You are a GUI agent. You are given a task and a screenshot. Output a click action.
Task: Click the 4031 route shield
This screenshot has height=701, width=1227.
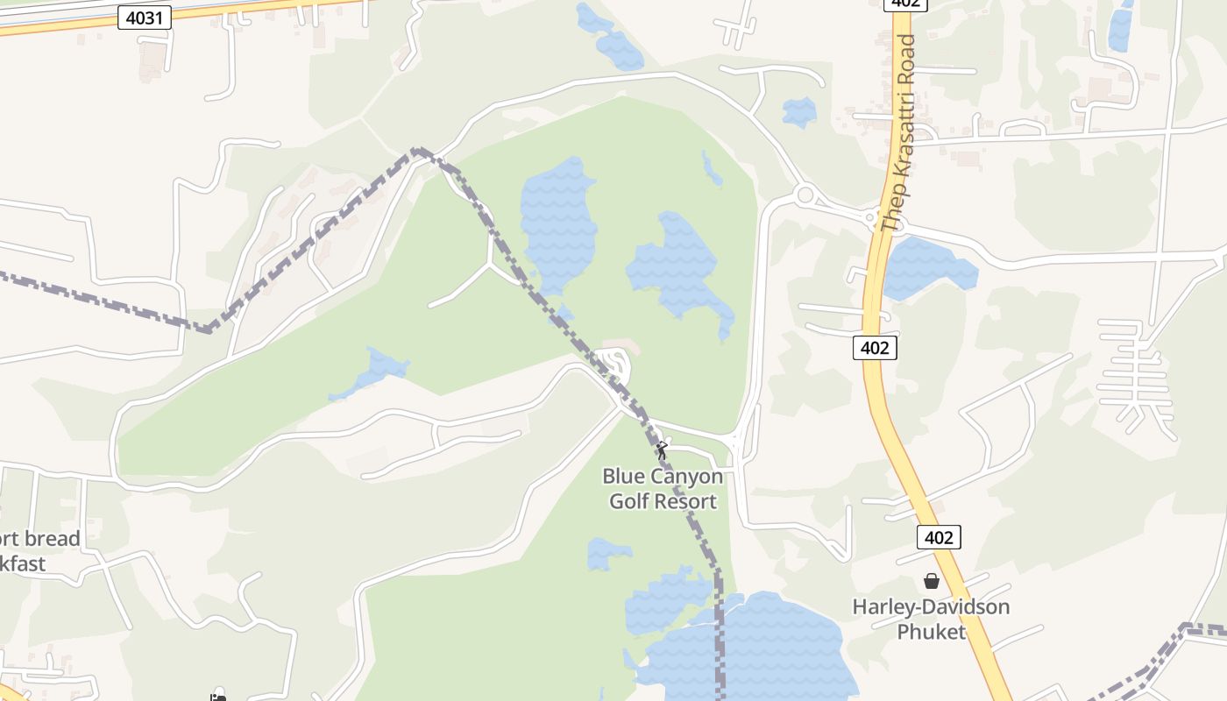[145, 17]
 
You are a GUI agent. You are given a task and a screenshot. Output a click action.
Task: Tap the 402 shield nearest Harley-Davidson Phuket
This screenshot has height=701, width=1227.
[939, 537]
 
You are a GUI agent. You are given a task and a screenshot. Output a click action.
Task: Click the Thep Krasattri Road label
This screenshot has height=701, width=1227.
[899, 132]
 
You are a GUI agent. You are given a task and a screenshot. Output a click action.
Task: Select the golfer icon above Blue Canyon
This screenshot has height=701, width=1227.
[662, 450]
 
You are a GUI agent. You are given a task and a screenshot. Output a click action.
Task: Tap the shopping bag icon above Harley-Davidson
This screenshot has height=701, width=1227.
[931, 581]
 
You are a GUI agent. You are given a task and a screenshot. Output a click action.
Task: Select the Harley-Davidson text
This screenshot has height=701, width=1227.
[931, 606]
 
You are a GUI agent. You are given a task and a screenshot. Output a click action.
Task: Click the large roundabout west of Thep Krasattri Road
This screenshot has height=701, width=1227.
[805, 194]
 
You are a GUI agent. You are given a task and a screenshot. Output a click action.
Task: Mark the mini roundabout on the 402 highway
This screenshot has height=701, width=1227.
[870, 217]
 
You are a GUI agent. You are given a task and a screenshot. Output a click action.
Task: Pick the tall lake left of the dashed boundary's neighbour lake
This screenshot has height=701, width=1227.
[557, 223]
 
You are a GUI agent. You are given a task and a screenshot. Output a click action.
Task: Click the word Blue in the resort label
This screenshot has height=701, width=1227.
[623, 478]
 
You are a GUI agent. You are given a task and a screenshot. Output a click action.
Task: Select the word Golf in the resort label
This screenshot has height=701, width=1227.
[629, 501]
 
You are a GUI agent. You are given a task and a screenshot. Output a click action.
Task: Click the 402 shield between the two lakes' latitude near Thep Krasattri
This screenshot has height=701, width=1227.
[875, 348]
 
